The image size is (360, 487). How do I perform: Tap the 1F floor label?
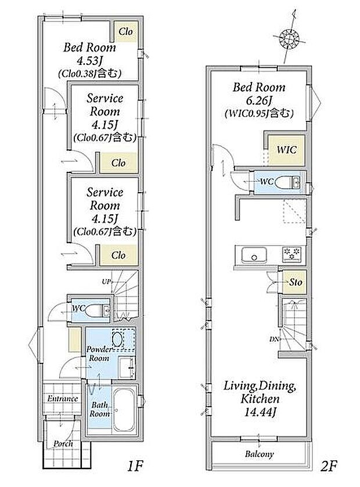135,466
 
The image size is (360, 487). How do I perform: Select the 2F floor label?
329,466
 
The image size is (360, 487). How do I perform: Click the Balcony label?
259,454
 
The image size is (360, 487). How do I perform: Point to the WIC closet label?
286,150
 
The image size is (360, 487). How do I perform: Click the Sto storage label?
296,282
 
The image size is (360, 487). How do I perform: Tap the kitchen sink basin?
254,254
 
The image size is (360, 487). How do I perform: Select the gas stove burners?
291,253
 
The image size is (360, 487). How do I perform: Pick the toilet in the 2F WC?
288,182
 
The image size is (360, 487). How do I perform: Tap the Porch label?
63,444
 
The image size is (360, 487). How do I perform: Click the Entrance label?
63,399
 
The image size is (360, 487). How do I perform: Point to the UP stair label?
106,282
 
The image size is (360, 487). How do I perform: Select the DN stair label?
273,339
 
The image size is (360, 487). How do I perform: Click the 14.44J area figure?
260,412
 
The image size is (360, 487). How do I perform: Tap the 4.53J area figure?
90,60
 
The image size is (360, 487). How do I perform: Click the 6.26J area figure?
259,100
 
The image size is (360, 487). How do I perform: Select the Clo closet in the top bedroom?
125,31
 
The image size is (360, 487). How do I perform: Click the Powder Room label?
99,353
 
